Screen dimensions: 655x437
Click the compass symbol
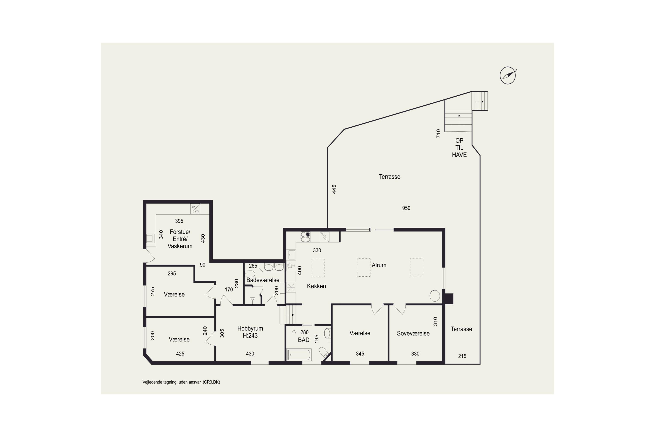tap(507, 75)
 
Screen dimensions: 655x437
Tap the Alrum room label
tap(379, 265)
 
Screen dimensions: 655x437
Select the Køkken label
tap(316, 286)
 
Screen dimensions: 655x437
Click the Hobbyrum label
tap(250, 328)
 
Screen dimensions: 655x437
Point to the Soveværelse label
tap(413, 333)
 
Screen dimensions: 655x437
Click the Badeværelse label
tap(263, 280)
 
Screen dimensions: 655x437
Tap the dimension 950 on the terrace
tap(406, 208)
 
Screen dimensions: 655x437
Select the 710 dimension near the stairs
tap(438, 134)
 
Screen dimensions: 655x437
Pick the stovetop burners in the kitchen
tap(305, 237)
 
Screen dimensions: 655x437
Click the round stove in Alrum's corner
tap(435, 295)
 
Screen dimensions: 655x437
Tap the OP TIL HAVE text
tap(459, 148)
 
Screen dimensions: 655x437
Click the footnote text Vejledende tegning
tap(181, 382)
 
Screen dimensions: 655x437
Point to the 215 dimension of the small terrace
tap(462, 356)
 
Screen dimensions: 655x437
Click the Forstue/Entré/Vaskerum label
tap(180, 239)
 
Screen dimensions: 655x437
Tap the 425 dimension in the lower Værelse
tap(180, 354)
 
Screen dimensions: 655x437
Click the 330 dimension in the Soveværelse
tap(415, 354)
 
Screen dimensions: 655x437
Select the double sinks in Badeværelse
tap(274, 267)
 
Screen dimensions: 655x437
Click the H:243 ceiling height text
tap(250, 336)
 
